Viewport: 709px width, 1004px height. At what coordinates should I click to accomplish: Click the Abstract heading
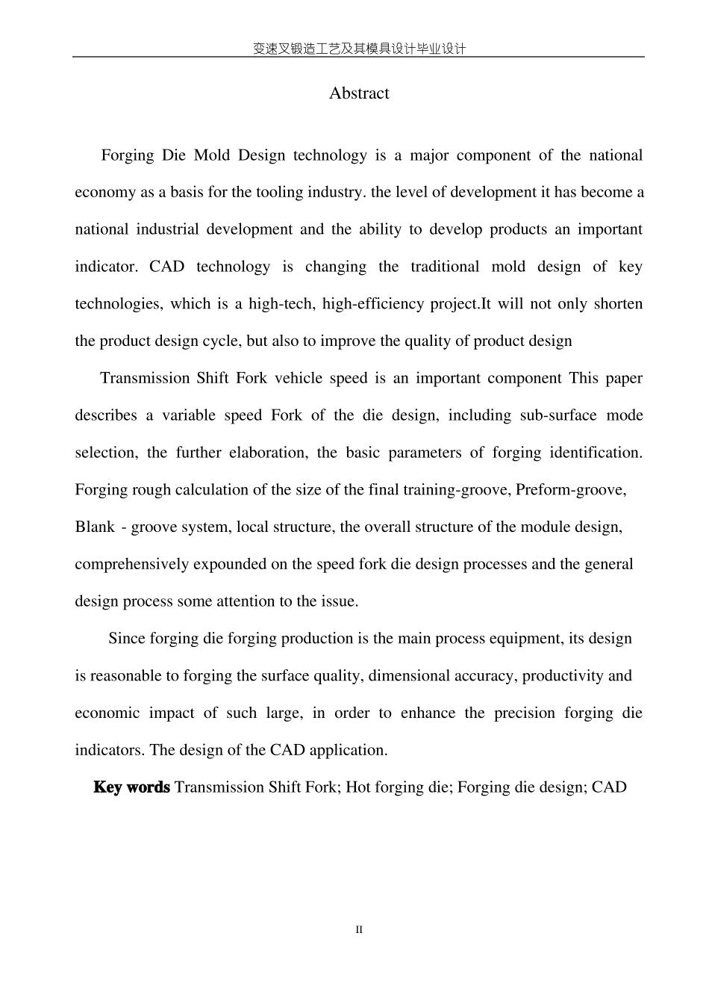tap(359, 93)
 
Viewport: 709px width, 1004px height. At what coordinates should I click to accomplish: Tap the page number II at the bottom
tap(358, 930)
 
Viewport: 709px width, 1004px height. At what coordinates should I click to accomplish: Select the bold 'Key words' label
tap(131, 787)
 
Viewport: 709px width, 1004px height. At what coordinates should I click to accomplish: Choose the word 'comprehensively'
tap(132, 564)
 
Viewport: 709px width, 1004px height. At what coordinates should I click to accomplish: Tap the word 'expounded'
tap(230, 564)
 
